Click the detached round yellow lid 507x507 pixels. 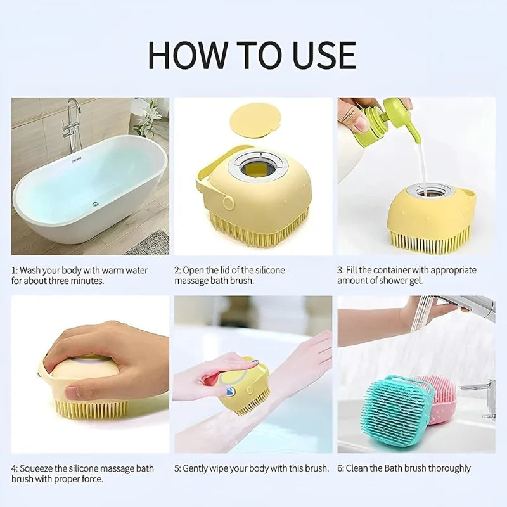pos(255,119)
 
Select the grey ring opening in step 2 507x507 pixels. pos(258,167)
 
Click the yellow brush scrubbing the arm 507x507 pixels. pos(244,383)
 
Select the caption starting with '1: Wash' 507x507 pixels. pos(79,275)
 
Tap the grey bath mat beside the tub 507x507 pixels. pos(148,243)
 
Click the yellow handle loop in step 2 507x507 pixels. pos(204,184)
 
